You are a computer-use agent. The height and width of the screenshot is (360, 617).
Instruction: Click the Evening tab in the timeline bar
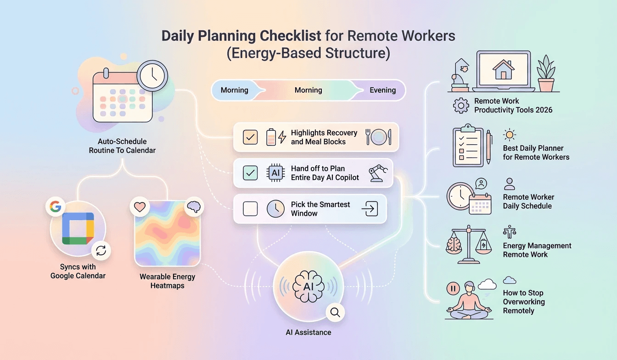click(x=382, y=90)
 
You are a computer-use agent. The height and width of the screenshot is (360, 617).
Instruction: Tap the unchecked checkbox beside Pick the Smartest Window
click(x=250, y=209)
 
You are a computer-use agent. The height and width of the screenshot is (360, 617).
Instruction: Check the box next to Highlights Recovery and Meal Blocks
click(x=250, y=137)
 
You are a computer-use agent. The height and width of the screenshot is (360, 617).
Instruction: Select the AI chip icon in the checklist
click(x=275, y=173)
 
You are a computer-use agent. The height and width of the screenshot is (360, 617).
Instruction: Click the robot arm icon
click(x=378, y=173)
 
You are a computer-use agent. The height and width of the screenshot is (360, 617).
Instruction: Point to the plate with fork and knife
click(x=378, y=137)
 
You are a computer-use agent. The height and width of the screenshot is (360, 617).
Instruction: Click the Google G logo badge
click(x=55, y=207)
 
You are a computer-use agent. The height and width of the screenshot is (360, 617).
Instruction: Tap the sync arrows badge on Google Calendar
click(x=101, y=250)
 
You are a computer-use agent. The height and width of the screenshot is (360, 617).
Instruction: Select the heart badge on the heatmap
click(x=140, y=207)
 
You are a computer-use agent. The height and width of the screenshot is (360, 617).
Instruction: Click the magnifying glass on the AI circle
click(x=335, y=313)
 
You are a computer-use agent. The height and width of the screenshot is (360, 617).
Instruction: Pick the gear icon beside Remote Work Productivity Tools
click(x=460, y=105)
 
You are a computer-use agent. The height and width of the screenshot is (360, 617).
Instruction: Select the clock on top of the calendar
click(x=153, y=75)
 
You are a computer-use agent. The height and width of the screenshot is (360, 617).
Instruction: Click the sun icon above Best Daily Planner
click(x=509, y=135)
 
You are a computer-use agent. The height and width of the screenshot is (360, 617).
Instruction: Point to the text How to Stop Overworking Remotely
click(x=524, y=302)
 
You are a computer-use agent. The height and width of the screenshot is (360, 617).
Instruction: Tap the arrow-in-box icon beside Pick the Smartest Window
click(x=369, y=209)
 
